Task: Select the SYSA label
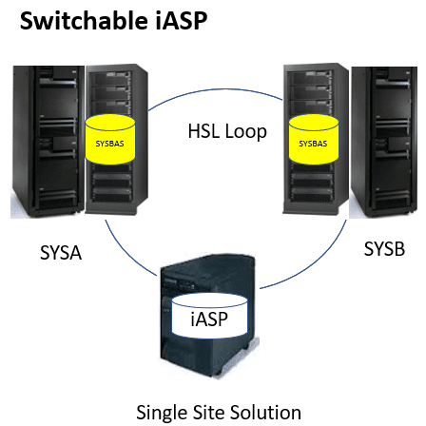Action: click(62, 252)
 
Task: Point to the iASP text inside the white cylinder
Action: click(209, 319)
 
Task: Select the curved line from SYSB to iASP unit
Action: click(314, 259)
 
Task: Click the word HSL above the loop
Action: click(204, 130)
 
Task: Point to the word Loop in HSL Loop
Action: click(248, 130)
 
